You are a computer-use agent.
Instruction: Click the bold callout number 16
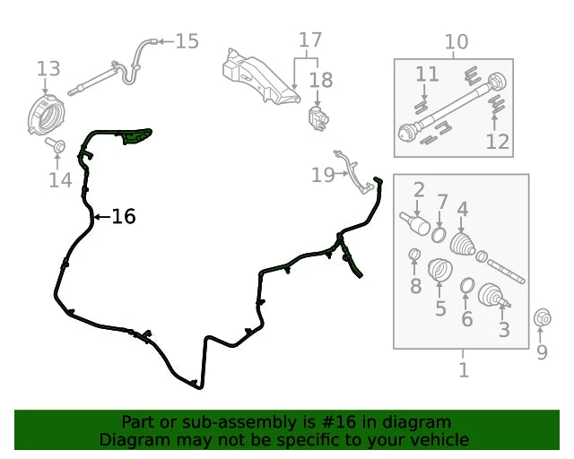pyautogui.click(x=124, y=216)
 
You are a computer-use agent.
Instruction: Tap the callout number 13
pyautogui.click(x=48, y=69)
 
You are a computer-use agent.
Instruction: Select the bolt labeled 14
pyautogui.click(x=56, y=145)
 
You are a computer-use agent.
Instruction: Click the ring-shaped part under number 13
pyautogui.click(x=46, y=115)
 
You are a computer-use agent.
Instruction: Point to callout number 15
pyautogui.click(x=187, y=41)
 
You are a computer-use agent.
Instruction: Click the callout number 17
pyautogui.click(x=310, y=40)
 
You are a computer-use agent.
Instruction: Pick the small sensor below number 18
pyautogui.click(x=318, y=117)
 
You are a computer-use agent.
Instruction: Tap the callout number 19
pyautogui.click(x=323, y=175)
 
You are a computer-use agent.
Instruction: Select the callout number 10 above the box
pyautogui.click(x=457, y=42)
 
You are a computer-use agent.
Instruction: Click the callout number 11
pyautogui.click(x=427, y=74)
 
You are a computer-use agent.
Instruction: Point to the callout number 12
pyautogui.click(x=498, y=142)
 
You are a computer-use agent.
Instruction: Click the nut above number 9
pyautogui.click(x=542, y=318)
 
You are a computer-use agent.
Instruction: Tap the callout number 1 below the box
pyautogui.click(x=464, y=370)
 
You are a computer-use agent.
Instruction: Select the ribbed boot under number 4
pyautogui.click(x=462, y=244)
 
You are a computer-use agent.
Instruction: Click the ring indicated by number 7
pyautogui.click(x=439, y=235)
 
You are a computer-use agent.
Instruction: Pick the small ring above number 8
pyautogui.click(x=414, y=254)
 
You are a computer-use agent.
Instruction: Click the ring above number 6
pyautogui.click(x=467, y=285)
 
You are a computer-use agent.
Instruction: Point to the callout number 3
pyautogui.click(x=504, y=330)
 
